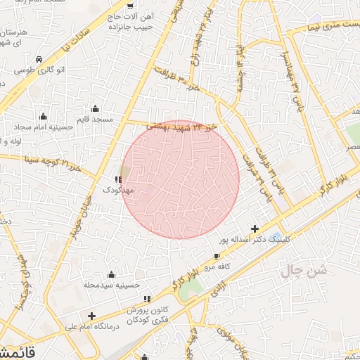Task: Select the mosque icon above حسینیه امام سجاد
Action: pos(44,116)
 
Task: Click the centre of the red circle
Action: pos(181,179)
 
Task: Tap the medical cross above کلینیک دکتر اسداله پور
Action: pos(255,229)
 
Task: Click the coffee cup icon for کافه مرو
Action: pos(217,256)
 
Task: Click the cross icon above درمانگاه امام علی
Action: pos(91,316)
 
